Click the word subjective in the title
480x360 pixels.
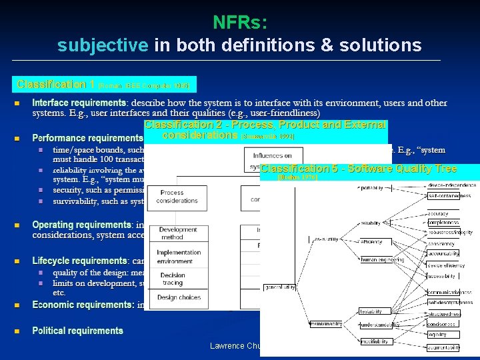pos(103,45)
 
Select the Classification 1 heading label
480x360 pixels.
pos(56,85)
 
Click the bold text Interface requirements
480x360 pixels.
pos(79,103)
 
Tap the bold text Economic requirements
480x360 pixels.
pos(83,305)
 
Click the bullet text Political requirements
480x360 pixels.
pos(77,331)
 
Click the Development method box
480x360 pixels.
pos(177,233)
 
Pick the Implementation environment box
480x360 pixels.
pos(178,257)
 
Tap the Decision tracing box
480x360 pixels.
pos(173,279)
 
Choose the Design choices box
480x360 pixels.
pos(175,297)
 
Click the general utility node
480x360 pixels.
pos(280,287)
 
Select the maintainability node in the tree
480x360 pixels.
pos(326,324)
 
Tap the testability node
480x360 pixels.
pos(371,311)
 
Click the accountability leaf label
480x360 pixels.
pos(443,254)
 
